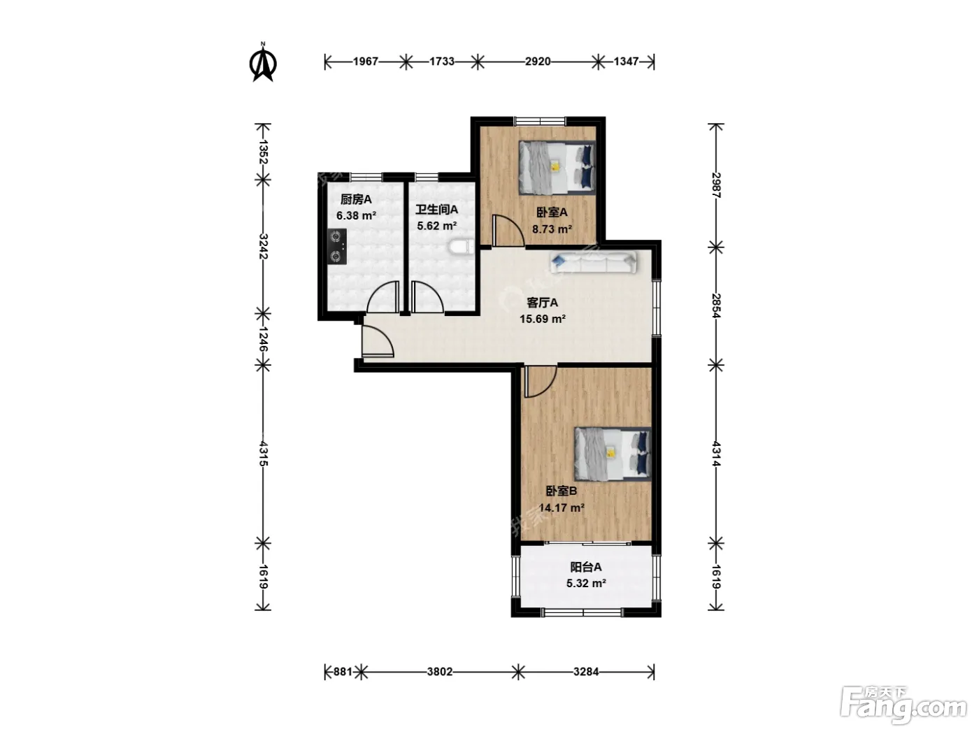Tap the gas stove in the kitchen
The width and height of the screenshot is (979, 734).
point(338,247)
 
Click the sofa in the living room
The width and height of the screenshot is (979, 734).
point(594,262)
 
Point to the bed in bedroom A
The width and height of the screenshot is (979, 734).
point(557,168)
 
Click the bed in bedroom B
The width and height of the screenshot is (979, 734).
point(613,454)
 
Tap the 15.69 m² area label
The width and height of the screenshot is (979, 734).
point(543,319)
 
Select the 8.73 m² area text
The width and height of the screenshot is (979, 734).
point(552,229)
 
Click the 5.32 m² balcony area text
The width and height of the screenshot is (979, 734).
point(586,583)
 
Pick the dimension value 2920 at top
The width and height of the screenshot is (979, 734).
point(538,62)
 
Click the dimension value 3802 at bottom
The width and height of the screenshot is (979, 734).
point(440,672)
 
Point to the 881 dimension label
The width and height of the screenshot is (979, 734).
point(343,672)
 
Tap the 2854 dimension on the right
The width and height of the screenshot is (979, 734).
point(716,305)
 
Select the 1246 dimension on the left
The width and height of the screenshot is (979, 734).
point(263,339)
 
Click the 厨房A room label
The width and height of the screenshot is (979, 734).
point(356,199)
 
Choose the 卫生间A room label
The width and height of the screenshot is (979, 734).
point(436,210)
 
